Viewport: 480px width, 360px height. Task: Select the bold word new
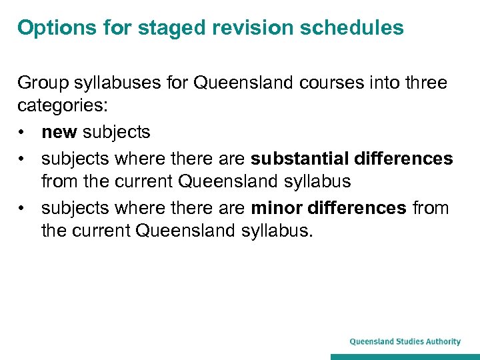pos(59,132)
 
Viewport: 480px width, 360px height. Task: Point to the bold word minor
pos(277,208)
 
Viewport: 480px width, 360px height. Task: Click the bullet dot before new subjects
pos(23,133)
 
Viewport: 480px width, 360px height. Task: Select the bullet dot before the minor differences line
pos(23,208)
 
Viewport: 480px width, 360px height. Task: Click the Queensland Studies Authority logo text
pos(405,341)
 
